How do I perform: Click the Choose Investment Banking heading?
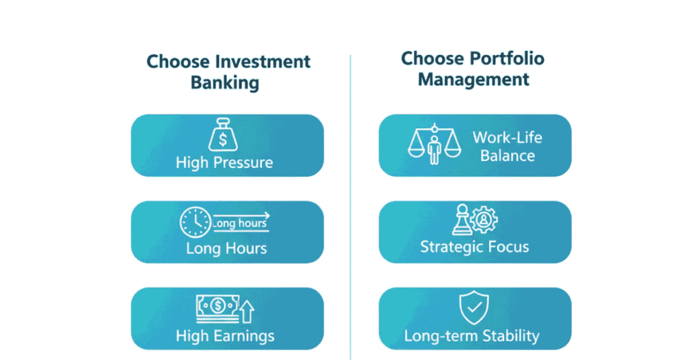(228, 72)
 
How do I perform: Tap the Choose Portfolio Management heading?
(472, 69)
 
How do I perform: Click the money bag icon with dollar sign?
(223, 134)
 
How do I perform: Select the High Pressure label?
(224, 163)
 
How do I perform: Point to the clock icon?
(196, 222)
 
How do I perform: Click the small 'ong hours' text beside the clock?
(241, 223)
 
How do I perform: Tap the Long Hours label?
(226, 249)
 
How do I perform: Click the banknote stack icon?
(218, 308)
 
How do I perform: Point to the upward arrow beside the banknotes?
(247, 312)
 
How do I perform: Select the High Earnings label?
(225, 336)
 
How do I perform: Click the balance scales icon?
(435, 144)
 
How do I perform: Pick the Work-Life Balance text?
(508, 146)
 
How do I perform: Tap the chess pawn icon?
(462, 219)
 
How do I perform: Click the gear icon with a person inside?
(484, 219)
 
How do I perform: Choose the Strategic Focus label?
(475, 247)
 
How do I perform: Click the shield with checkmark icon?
(474, 307)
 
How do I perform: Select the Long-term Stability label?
(472, 336)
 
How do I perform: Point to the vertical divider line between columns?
(350, 207)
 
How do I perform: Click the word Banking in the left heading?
(224, 83)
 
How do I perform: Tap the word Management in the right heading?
(474, 79)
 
